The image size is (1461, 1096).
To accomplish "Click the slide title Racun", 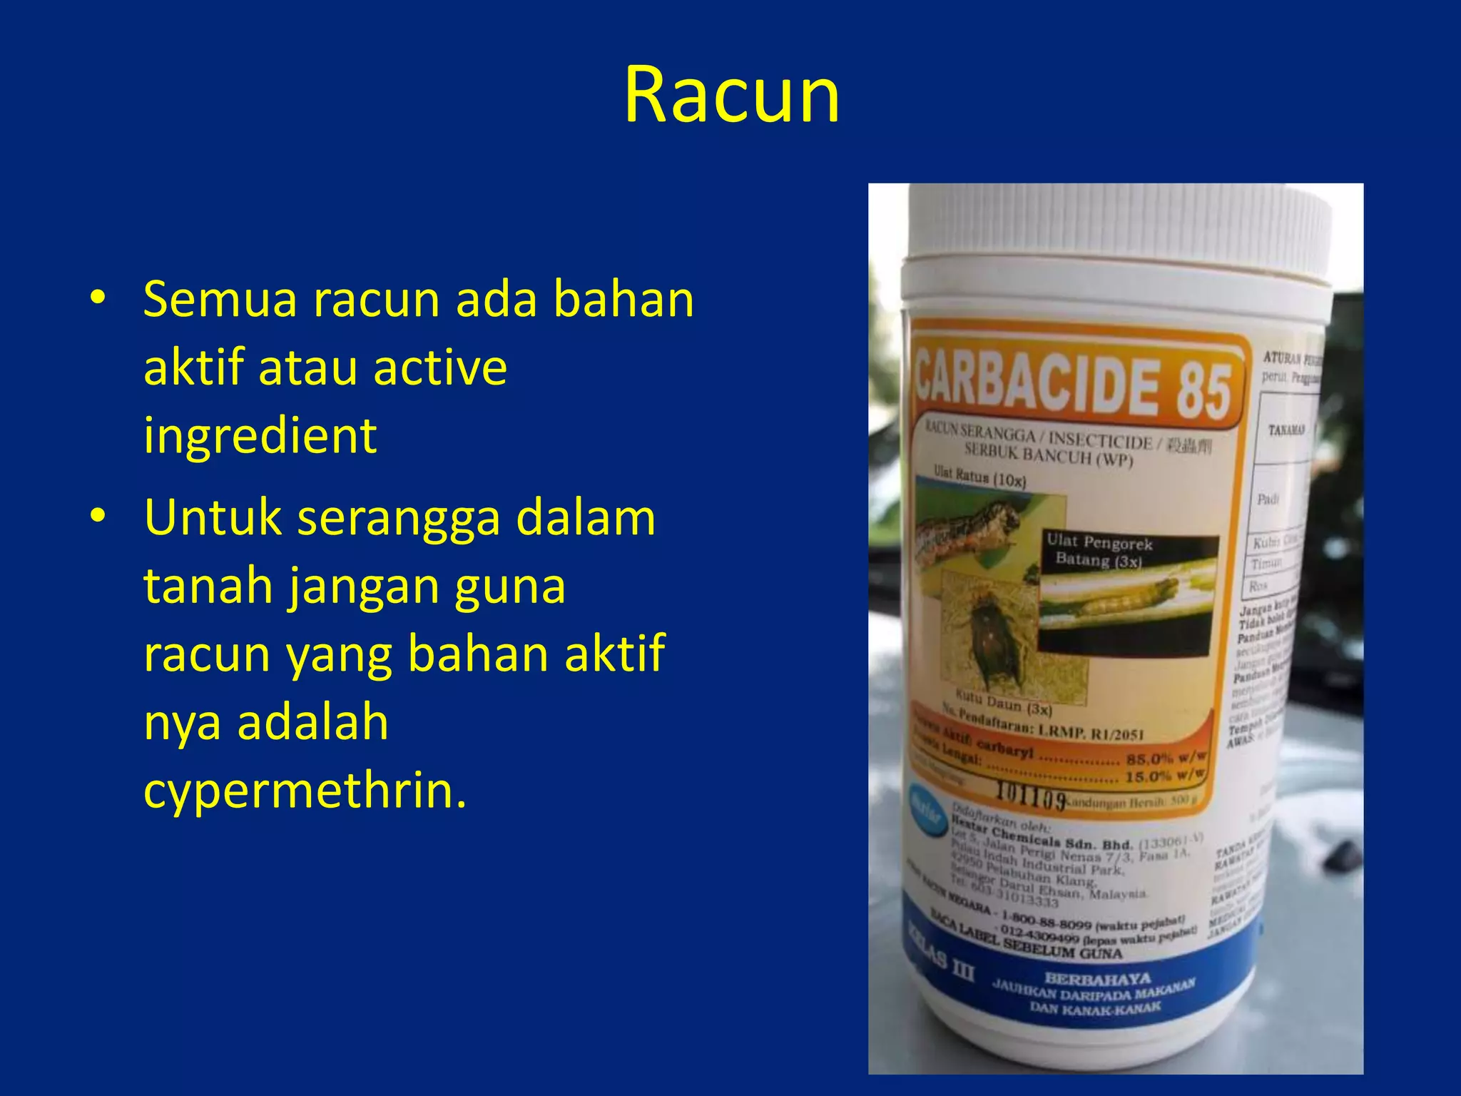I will coord(732,95).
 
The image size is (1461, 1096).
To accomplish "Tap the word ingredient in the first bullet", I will coord(260,435).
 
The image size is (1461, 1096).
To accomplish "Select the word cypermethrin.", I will coord(305,790).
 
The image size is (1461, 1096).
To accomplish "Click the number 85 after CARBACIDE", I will coord(1203,391).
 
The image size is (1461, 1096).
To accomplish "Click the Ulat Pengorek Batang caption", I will coord(1099,551).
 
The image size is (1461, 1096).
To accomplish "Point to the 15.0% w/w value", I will coord(1164,776).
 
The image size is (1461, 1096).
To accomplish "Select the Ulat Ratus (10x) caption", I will coord(979,476).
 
